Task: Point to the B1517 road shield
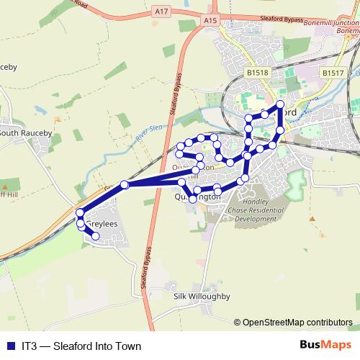[333, 73]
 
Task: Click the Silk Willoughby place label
[201, 296]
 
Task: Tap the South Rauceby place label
[22, 132]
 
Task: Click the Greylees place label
[101, 225]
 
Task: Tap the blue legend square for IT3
[9, 346]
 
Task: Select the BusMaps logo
[325, 345]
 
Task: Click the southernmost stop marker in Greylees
[95, 235]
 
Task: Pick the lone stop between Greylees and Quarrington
[125, 185]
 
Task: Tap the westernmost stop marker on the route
[79, 213]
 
